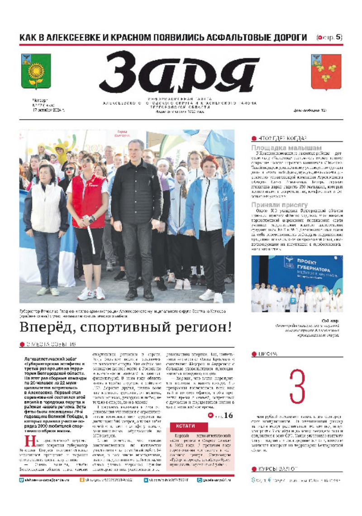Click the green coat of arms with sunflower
click(36, 71)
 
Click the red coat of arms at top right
click(326, 72)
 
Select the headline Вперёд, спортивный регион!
click(125, 327)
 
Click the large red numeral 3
click(297, 386)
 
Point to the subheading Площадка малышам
click(286, 148)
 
